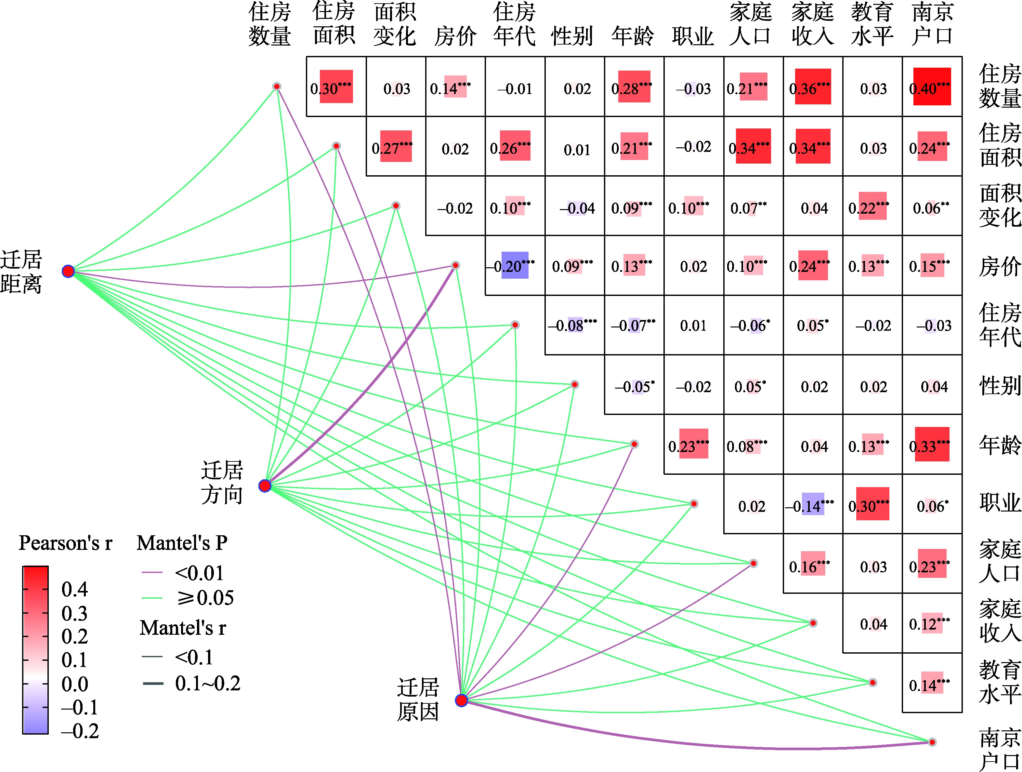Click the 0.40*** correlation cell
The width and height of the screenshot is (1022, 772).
[932, 87]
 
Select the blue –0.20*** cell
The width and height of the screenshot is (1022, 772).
[515, 265]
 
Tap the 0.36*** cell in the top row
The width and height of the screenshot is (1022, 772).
[813, 87]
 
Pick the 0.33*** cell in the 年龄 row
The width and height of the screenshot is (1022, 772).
[932, 445]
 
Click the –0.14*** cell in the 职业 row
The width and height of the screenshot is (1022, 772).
[813, 504]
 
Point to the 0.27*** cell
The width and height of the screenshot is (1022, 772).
[396, 147]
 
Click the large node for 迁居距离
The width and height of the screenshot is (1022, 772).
[68, 271]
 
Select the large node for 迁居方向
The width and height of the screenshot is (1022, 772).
[265, 486]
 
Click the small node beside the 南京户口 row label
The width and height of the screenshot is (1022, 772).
[932, 742]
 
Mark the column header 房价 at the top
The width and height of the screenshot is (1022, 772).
[455, 36]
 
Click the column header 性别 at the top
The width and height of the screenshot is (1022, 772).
[572, 36]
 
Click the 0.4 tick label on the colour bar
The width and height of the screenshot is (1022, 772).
[74, 589]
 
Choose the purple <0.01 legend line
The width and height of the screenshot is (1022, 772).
[152, 573]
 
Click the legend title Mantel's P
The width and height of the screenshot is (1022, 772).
[182, 543]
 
